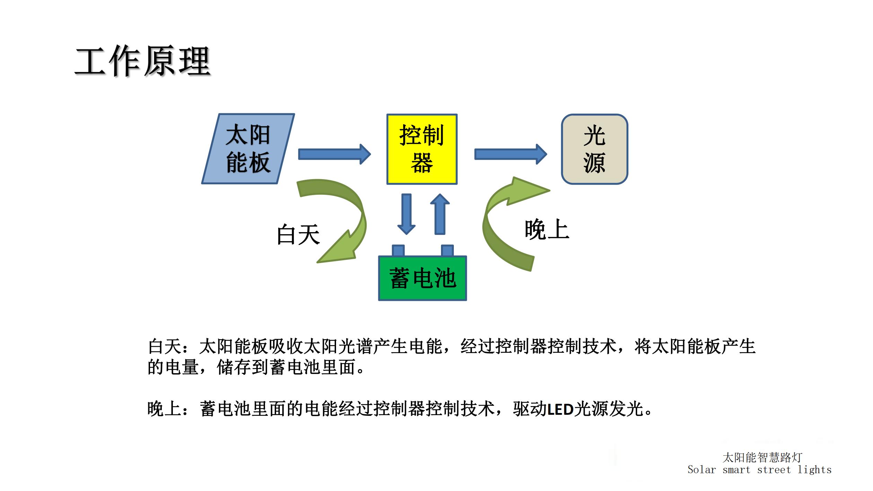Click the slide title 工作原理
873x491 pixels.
tap(143, 61)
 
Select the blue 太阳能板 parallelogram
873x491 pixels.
tap(248, 149)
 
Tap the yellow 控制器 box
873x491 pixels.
tap(422, 149)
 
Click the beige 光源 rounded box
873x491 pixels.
tap(594, 149)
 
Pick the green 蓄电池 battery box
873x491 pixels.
tap(422, 278)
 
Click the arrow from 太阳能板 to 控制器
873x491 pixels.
tap(335, 154)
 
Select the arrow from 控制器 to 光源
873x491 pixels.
tap(511, 154)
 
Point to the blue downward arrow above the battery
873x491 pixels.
tap(406, 214)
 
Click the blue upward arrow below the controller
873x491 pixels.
tap(440, 214)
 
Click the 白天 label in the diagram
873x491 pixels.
tap(298, 235)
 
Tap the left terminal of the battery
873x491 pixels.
tap(398, 251)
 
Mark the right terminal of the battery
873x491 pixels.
tap(447, 251)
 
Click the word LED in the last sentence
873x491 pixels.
tap(560, 409)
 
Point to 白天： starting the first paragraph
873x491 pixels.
tap(169, 347)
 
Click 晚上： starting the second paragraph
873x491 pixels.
tap(169, 409)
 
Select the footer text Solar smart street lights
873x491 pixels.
tap(759, 470)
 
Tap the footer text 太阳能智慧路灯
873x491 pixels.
tap(762, 457)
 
